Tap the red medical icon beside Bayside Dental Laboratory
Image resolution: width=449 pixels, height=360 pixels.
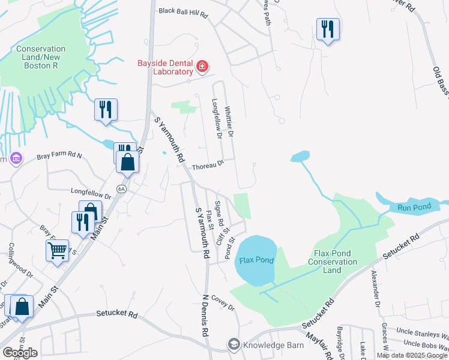(x=202, y=66)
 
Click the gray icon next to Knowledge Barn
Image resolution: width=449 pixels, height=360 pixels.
(x=233, y=344)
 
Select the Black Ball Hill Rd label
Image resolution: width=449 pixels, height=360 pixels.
(x=182, y=12)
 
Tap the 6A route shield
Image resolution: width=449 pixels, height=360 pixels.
(x=122, y=188)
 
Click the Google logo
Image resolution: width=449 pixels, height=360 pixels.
(x=20, y=352)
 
